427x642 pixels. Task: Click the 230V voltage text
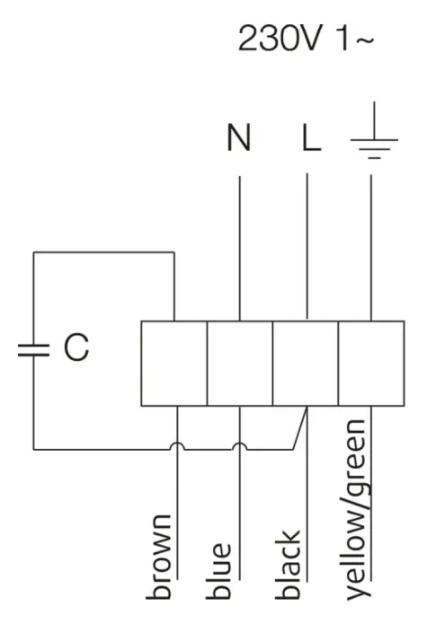[x=275, y=39]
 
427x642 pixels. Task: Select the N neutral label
[x=239, y=141]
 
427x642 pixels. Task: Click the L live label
[x=308, y=141]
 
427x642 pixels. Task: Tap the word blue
[x=223, y=569]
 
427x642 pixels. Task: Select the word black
[x=290, y=563]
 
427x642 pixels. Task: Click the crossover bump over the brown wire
[x=177, y=445]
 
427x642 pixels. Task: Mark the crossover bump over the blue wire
[x=239, y=445]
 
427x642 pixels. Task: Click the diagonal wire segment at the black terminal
[x=299, y=428]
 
